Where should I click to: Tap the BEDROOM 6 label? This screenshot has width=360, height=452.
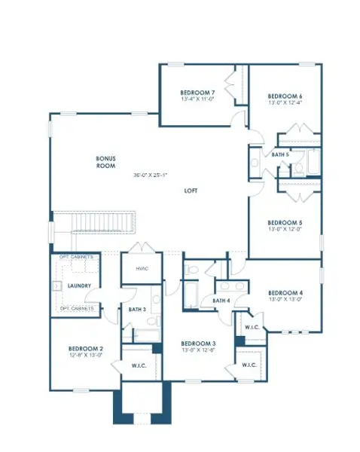[x=285, y=96]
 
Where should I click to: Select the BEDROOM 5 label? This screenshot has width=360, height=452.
[x=285, y=222]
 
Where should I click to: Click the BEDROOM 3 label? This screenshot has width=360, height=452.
[x=198, y=343]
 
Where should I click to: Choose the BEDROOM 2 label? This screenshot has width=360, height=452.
[x=86, y=348]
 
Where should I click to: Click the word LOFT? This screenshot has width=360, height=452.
[x=191, y=191]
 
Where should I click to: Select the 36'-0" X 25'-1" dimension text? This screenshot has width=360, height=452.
[x=151, y=176]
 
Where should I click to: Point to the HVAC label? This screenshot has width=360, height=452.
[x=142, y=268]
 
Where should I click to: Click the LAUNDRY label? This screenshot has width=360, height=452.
[x=79, y=286]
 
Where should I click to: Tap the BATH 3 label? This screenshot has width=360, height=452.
[x=136, y=309]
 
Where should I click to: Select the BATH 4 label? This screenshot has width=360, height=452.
[x=221, y=301]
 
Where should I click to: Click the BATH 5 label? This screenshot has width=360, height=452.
[x=280, y=154]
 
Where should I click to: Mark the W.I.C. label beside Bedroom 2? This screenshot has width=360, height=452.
[x=140, y=367]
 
